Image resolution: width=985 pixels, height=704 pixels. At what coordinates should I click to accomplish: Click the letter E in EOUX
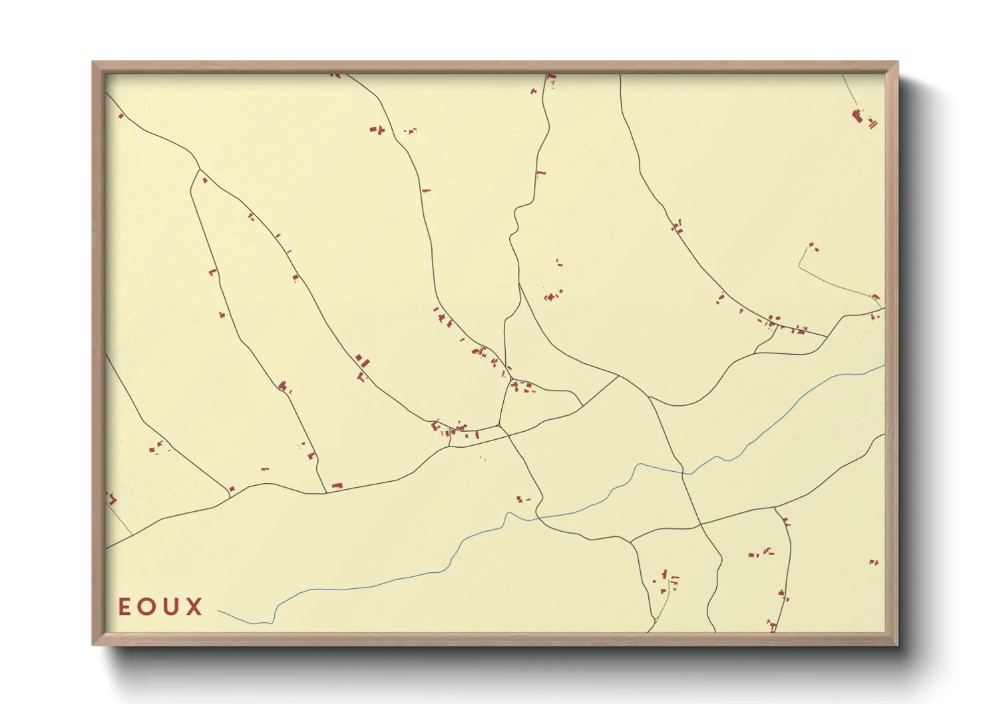pyautogui.click(x=124, y=607)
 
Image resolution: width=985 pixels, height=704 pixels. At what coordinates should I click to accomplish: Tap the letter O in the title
pyautogui.click(x=146, y=607)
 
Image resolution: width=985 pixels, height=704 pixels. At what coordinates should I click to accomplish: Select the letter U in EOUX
pyautogui.click(x=170, y=607)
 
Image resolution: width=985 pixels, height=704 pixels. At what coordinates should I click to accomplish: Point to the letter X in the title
pyautogui.click(x=194, y=607)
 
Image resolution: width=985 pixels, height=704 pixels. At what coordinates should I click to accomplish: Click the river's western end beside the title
pyautogui.click(x=220, y=611)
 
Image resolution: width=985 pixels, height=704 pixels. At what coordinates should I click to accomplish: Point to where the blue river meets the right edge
pyautogui.click(x=884, y=365)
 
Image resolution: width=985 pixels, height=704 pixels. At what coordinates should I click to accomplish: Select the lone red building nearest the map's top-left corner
pyautogui.click(x=121, y=116)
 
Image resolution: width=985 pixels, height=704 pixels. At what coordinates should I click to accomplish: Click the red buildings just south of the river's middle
pyautogui.click(x=523, y=498)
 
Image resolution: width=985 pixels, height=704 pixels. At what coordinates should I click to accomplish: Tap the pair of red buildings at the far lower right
pyautogui.click(x=874, y=562)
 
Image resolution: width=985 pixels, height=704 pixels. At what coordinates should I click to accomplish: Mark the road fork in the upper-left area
pyautogui.click(x=199, y=170)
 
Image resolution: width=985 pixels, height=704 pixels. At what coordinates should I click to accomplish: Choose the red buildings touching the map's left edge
pyautogui.click(x=110, y=498)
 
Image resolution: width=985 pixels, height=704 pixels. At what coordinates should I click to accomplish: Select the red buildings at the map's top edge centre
pyautogui.click(x=550, y=80)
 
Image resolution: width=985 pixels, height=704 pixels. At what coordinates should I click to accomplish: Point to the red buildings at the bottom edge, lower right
pyautogui.click(x=772, y=625)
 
